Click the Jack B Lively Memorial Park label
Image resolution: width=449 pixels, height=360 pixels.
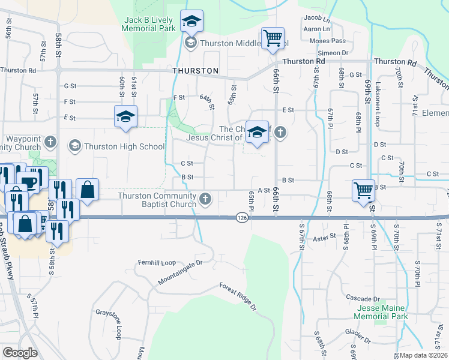149,24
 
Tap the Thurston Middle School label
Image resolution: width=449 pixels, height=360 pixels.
244,43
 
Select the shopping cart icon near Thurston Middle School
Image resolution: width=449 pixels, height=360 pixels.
273,38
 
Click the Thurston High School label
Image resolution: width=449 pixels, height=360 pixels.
124,146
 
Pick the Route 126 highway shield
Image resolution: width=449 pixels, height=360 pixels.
242,218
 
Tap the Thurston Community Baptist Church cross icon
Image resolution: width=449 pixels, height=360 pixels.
206,199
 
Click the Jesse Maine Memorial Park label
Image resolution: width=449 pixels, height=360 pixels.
381,312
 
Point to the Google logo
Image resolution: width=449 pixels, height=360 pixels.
20,353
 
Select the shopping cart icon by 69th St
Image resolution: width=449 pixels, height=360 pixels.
363,190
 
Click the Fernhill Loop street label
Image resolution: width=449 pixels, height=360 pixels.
156,263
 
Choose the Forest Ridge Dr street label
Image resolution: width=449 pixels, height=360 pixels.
238,296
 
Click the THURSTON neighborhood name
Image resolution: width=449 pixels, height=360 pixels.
195,71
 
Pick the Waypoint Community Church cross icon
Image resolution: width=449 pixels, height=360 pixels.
51,143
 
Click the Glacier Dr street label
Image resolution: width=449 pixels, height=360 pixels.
358,332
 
